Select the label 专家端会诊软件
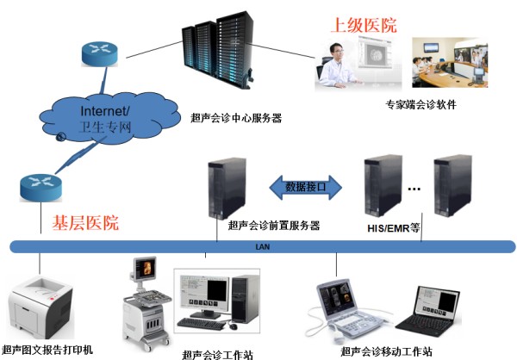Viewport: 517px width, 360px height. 420,105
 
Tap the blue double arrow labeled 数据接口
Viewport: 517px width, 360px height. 308,185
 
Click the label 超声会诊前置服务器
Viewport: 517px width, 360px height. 274,226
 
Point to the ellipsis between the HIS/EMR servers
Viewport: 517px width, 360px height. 413,187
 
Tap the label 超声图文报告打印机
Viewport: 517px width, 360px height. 47,351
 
